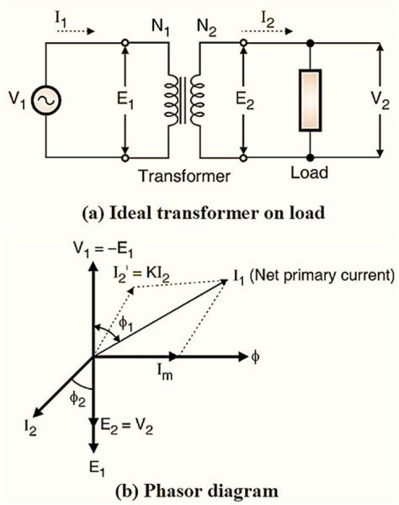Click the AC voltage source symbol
(46, 100)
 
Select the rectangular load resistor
(310, 100)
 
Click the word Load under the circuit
(310, 172)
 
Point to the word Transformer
(185, 176)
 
